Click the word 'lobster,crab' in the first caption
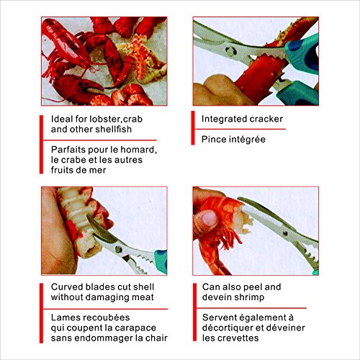tap(116, 119)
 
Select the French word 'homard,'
tap(138, 150)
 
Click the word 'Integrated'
tap(221, 119)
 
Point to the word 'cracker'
tap(263, 119)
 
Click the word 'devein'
tap(216, 297)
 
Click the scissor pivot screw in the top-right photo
tap(231, 51)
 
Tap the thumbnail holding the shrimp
tap(210, 218)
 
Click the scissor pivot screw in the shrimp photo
tap(285, 233)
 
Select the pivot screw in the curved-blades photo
tap(119, 249)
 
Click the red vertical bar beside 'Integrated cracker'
tap(193, 128)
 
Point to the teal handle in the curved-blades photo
tap(161, 261)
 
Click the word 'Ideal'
tap(62, 119)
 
